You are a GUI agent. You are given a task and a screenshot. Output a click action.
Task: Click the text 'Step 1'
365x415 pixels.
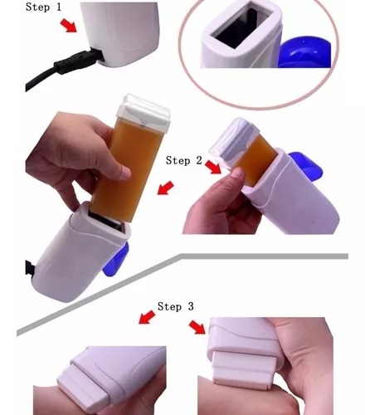pos(43,7)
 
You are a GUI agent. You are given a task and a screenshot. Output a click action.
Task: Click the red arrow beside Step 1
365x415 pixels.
pos(69,26)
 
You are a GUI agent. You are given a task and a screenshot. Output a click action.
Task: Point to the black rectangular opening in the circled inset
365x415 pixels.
pos(239,27)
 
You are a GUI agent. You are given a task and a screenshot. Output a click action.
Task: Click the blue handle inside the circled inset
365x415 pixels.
pos(305,53)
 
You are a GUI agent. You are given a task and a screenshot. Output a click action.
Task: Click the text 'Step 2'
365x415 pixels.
pos(184,160)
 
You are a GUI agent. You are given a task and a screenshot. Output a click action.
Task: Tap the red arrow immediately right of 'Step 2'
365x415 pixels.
pos(213,167)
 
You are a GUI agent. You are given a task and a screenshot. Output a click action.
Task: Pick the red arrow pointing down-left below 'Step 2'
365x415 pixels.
pos(166,188)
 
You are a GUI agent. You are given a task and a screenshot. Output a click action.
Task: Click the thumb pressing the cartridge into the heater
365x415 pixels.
pos(237,178)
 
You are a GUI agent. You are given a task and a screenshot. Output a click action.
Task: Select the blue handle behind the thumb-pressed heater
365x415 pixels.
pos(307,165)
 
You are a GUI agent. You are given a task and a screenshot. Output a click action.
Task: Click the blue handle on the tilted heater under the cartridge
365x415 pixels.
pos(116,260)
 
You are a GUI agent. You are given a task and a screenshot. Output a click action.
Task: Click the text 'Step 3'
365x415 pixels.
pos(176,306)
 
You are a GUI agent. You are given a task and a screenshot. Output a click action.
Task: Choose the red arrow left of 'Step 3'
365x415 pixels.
pos(147,317)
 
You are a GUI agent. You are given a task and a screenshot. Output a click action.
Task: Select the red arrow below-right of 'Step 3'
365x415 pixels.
pos(197,327)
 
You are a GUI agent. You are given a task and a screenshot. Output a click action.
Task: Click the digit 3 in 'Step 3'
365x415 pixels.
pos(191,306)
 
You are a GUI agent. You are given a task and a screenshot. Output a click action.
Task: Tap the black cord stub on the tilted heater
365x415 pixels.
pos(30,268)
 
